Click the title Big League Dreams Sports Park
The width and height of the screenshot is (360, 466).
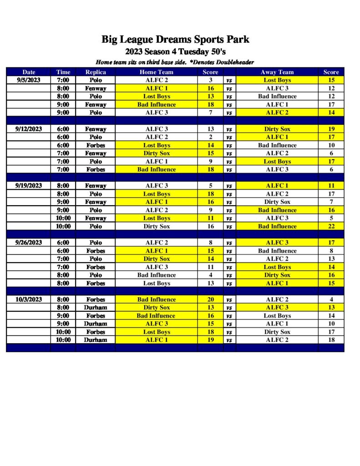pos(175,40)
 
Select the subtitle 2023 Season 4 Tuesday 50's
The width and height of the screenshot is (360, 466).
pos(175,51)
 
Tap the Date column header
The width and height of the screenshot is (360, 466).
pos(29,72)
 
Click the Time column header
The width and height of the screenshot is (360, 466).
pos(63,72)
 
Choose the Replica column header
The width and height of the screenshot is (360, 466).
pos(96,72)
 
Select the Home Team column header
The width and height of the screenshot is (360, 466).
pos(157,72)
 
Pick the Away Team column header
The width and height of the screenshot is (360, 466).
pos(277,72)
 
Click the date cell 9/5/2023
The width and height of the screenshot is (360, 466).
pos(29,80)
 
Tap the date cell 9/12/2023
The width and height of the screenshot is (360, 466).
pos(29,129)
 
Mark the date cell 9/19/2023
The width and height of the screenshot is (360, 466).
pos(29,186)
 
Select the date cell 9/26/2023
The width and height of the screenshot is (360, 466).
pos(29,243)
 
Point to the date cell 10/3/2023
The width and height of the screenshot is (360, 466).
pos(29,299)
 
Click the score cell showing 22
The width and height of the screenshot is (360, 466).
pos(331,226)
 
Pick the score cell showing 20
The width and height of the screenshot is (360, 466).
pos(210,299)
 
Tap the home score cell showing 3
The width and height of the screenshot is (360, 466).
pos(210,80)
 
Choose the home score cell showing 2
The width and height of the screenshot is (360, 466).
pos(210,137)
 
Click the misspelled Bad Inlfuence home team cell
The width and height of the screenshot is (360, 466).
pos(157,316)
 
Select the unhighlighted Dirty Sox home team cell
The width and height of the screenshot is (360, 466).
pos(157,226)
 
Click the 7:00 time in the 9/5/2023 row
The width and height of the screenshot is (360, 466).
pos(63,80)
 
